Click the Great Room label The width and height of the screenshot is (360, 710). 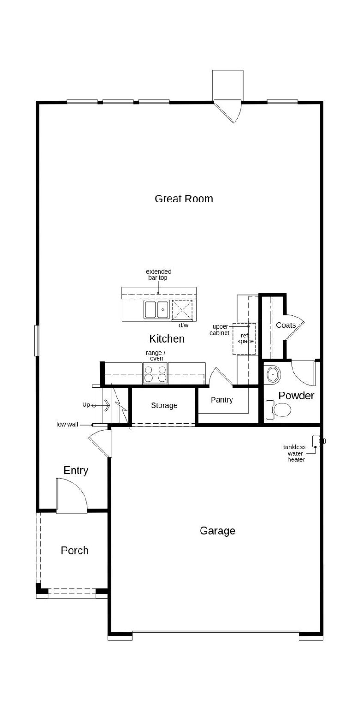point(183,199)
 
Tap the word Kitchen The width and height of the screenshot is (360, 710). point(167,339)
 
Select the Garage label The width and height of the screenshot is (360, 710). point(217,531)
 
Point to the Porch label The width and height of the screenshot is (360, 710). point(74,551)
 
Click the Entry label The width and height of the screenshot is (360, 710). point(76,471)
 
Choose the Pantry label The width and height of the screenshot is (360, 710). point(222,400)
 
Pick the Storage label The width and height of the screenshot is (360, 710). point(164,405)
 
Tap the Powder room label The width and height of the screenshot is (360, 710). point(296,396)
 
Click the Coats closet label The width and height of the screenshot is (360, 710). point(286,325)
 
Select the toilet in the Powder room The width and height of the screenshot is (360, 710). point(280,410)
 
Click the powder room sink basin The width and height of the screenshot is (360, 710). point(273,374)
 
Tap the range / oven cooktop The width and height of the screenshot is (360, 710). point(155,373)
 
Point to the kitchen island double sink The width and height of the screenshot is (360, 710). point(156,310)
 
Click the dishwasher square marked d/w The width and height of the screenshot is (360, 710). point(182,310)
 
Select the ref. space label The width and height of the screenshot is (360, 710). point(245,338)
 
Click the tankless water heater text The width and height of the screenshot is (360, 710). point(295,453)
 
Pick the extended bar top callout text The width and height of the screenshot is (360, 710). point(159,275)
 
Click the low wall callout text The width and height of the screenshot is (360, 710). point(67,424)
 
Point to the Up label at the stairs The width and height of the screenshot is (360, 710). point(86,405)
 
